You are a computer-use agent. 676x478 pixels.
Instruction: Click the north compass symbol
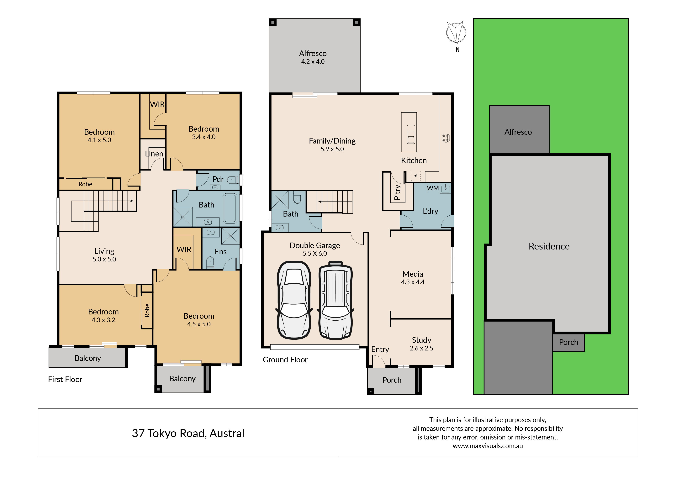click(x=456, y=33)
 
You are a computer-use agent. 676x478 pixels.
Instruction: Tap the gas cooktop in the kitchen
click(x=446, y=138)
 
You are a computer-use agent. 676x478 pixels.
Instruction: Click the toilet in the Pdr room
click(x=233, y=180)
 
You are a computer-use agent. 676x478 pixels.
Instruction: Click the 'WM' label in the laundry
click(x=433, y=188)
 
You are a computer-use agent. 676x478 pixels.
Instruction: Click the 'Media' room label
click(x=413, y=274)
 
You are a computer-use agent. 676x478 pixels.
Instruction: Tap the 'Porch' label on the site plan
click(x=568, y=342)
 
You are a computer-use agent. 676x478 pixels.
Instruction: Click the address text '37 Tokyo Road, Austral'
click(x=188, y=433)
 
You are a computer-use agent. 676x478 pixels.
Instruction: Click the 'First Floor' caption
click(x=65, y=379)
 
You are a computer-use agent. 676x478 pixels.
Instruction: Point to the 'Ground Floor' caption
click(x=285, y=360)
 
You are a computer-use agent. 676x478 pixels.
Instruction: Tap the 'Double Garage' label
click(x=315, y=245)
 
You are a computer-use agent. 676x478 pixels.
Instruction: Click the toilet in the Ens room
click(x=210, y=262)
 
